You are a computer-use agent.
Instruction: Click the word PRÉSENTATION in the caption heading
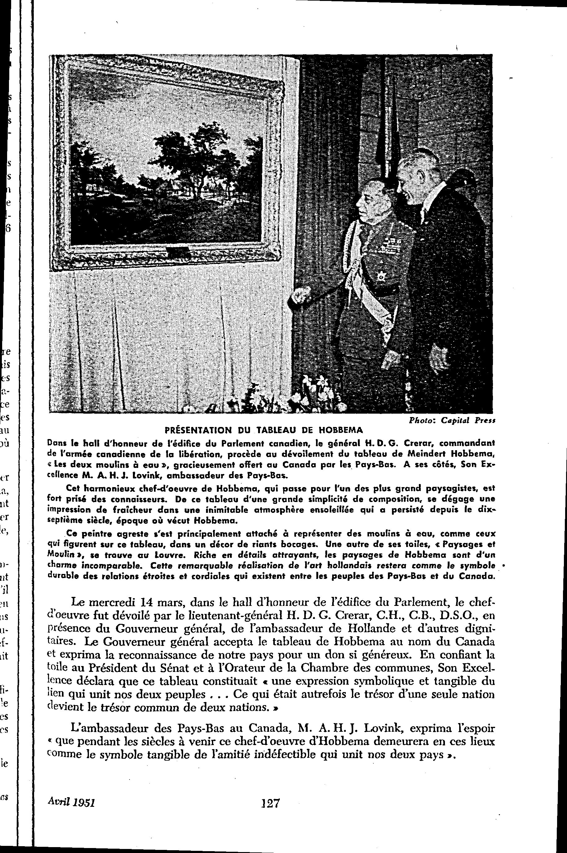pos(198,430)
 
